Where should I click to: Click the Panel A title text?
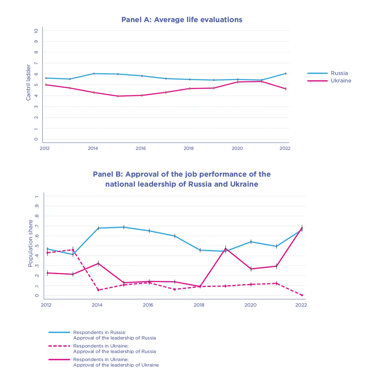coord(182,20)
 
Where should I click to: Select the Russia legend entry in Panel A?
coord(339,73)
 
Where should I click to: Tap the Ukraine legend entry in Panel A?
coord(341,81)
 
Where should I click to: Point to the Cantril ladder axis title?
coord(28,82)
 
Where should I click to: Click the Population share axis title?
coord(30,243)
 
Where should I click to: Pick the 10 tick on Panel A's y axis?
coord(36,31)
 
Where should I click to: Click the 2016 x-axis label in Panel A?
coord(141,148)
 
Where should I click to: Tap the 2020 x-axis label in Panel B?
coord(250,305)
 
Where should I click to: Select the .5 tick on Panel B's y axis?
coord(37,246)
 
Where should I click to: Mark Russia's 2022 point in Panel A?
coord(286,74)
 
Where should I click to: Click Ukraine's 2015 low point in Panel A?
coord(118,96)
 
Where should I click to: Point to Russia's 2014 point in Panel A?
coord(94,74)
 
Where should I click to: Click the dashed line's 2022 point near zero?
coord(302,295)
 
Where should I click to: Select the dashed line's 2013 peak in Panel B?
coord(73,250)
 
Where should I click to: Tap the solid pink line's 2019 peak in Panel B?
coord(225,248)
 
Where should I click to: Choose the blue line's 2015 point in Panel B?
coord(124,227)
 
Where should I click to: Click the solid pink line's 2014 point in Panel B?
coord(98,263)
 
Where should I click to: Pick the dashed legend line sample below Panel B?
coord(59,346)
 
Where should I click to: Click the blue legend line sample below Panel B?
coord(59,332)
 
